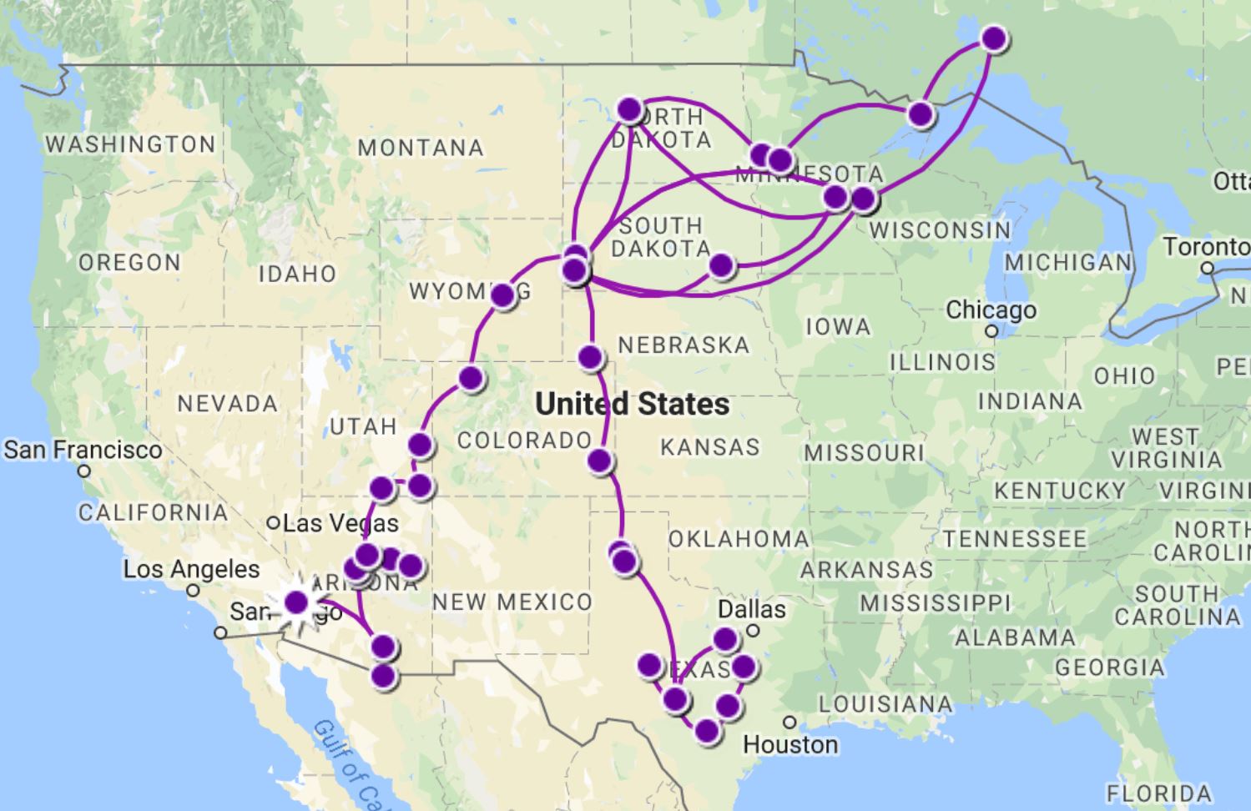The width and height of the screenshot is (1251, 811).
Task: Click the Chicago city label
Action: point(991,310)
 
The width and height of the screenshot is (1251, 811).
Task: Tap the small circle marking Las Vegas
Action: point(273,523)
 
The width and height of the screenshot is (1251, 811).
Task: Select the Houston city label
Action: point(789,744)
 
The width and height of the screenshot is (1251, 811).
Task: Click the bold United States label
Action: point(633,405)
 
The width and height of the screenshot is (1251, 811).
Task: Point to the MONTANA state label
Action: point(421,149)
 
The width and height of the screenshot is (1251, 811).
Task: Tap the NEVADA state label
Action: point(227,404)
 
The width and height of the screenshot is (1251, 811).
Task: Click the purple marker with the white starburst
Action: point(296,602)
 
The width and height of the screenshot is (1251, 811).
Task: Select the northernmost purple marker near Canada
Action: point(994,38)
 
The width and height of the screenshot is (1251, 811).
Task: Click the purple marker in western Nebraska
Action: point(591,357)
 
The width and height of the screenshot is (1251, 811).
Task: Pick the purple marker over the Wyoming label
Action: point(503,295)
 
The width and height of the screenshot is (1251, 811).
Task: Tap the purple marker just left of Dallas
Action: point(725,639)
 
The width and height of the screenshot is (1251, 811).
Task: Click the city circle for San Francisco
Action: point(83,471)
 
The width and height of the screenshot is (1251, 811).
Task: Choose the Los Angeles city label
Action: point(192,570)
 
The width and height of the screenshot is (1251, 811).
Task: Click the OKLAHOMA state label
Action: point(739,539)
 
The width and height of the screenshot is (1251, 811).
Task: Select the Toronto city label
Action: point(1207,247)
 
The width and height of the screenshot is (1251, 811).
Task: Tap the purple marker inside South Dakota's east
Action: point(721,265)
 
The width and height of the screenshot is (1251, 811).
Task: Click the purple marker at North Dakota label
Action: point(630,109)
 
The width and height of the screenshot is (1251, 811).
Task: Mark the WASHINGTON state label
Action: point(130,144)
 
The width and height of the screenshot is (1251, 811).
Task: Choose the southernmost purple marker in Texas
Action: point(707,731)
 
